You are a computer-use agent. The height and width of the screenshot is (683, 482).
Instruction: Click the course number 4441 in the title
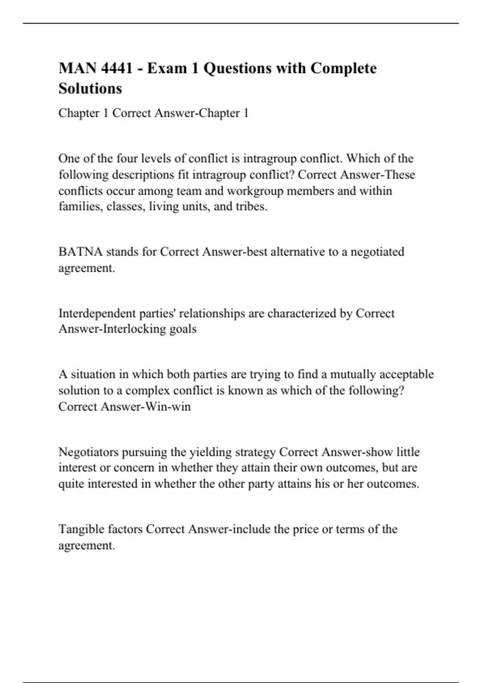[116, 68]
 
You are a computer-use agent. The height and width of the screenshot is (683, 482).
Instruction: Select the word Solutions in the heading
[90, 88]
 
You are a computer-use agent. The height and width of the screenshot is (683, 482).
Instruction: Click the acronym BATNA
[80, 252]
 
